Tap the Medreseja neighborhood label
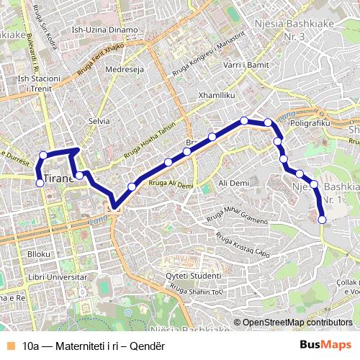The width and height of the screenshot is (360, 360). point(125,69)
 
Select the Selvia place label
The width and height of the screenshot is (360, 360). point(99,121)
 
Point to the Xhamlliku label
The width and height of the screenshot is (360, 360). point(217,95)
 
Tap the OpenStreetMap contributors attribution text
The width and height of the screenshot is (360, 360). point(297,323)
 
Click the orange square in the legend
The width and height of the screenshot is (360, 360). point(11,346)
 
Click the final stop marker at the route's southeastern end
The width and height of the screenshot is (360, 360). point(322,220)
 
